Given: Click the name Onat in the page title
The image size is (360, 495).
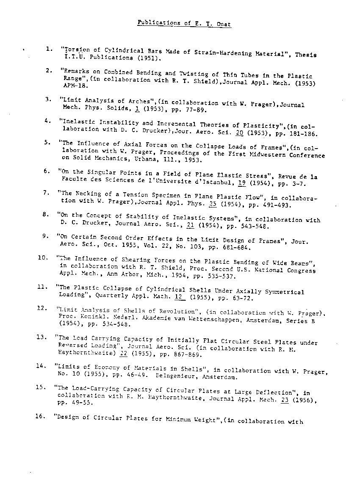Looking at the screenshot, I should [x=224, y=24].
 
